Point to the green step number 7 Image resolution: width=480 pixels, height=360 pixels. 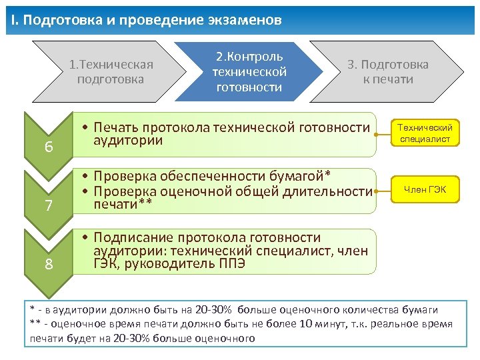(x=49, y=205)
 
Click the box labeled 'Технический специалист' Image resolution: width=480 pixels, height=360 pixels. (x=425, y=133)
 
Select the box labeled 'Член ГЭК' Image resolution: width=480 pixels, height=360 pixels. (x=425, y=191)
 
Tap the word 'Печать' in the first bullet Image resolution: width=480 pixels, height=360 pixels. (x=115, y=127)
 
